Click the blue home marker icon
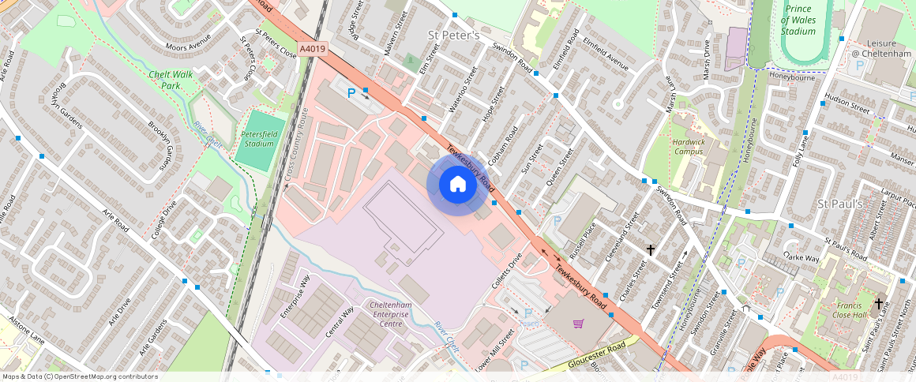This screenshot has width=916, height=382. (457, 185)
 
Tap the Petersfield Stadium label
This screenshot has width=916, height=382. (258, 139)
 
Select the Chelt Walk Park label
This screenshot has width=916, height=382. (171, 80)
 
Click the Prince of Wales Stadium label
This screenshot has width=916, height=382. (798, 20)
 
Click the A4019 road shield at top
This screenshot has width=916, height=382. (313, 48)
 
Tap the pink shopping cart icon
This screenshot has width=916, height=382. (579, 323)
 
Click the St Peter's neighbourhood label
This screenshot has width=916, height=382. (453, 36)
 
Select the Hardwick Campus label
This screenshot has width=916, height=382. (688, 146)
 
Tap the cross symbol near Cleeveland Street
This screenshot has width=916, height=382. (651, 250)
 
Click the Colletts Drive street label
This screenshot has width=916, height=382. (508, 268)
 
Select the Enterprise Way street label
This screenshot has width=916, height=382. (295, 297)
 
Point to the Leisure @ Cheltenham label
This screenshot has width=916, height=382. (880, 48)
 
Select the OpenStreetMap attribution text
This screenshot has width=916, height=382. (79, 376)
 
